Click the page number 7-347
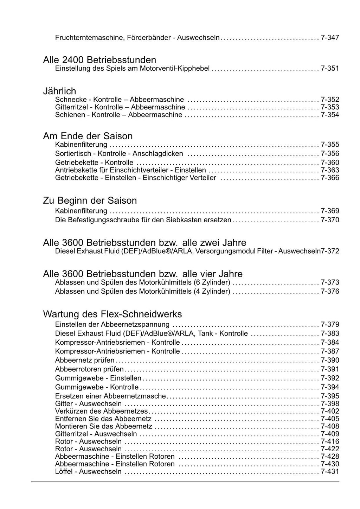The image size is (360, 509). (330, 37)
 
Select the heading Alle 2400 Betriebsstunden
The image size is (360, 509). (99, 60)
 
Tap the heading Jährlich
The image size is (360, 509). (59, 91)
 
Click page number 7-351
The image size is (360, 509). (330, 68)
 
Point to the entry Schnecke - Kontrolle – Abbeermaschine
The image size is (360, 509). (120, 100)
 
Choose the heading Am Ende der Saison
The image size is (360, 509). (88, 136)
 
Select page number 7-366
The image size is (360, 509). (330, 178)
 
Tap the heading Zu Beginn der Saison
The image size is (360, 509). (90, 201)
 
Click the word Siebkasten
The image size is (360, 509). (184, 220)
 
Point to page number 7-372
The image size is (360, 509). (330, 251)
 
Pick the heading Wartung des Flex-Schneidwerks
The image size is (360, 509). (112, 314)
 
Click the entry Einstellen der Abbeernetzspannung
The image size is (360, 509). (112, 324)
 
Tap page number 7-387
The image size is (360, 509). (330, 351)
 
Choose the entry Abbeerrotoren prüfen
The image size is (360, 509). (89, 369)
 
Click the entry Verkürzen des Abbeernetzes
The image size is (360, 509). (102, 411)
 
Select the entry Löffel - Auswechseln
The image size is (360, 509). (88, 472)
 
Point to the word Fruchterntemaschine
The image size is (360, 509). (88, 37)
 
